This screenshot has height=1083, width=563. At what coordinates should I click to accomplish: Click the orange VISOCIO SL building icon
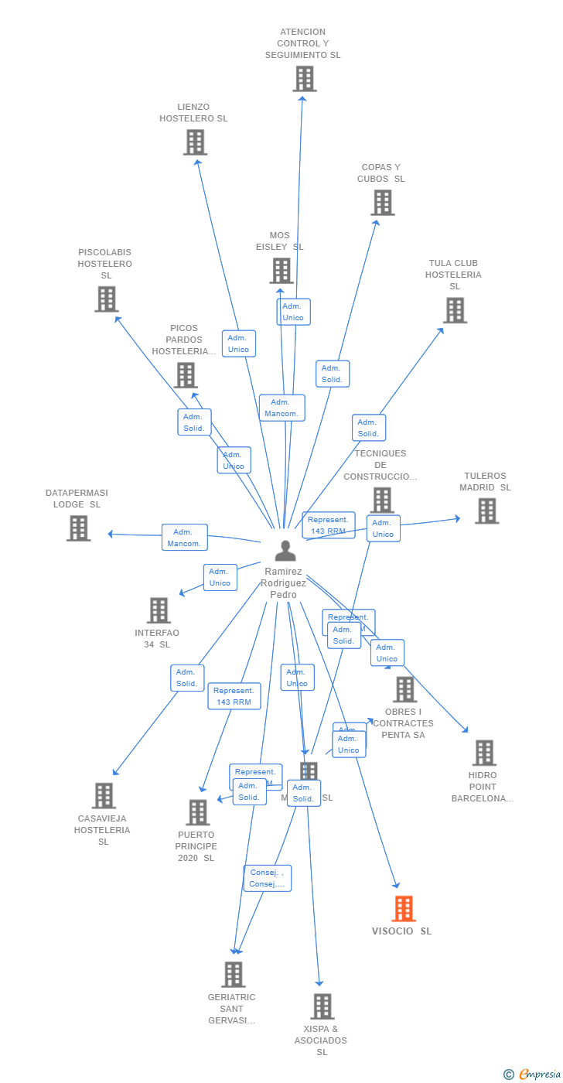[404, 909]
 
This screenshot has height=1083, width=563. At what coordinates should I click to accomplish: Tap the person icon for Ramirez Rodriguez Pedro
[285, 551]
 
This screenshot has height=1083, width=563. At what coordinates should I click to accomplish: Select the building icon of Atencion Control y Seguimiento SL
[305, 79]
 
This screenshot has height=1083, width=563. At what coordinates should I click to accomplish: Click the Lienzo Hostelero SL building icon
[195, 142]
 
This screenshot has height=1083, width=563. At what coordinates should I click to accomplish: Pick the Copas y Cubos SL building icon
[382, 203]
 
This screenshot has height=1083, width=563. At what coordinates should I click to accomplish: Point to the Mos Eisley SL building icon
[281, 271]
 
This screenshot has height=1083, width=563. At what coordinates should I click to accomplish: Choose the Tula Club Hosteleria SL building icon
[455, 310]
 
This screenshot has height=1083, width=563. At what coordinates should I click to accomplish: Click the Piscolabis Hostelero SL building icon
[106, 299]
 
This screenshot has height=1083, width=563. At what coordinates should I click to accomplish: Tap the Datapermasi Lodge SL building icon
[78, 528]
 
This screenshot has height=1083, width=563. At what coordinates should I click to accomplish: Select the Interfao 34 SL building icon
[159, 610]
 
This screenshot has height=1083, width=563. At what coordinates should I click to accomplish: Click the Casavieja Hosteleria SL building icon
[104, 796]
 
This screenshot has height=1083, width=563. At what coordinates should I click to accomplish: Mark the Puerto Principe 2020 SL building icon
[198, 812]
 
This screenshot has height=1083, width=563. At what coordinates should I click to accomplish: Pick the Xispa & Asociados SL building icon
[322, 1006]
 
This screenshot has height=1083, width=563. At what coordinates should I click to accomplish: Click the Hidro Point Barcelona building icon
[484, 753]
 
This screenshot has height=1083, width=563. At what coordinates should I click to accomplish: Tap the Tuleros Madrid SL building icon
[486, 511]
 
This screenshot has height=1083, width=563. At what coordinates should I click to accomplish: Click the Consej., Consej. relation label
[268, 878]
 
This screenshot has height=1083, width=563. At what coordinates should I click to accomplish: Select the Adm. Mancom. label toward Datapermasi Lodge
[185, 538]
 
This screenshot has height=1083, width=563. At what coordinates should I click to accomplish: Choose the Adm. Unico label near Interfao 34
[220, 577]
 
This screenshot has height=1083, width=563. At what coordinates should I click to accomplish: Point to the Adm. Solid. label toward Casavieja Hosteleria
[187, 678]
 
